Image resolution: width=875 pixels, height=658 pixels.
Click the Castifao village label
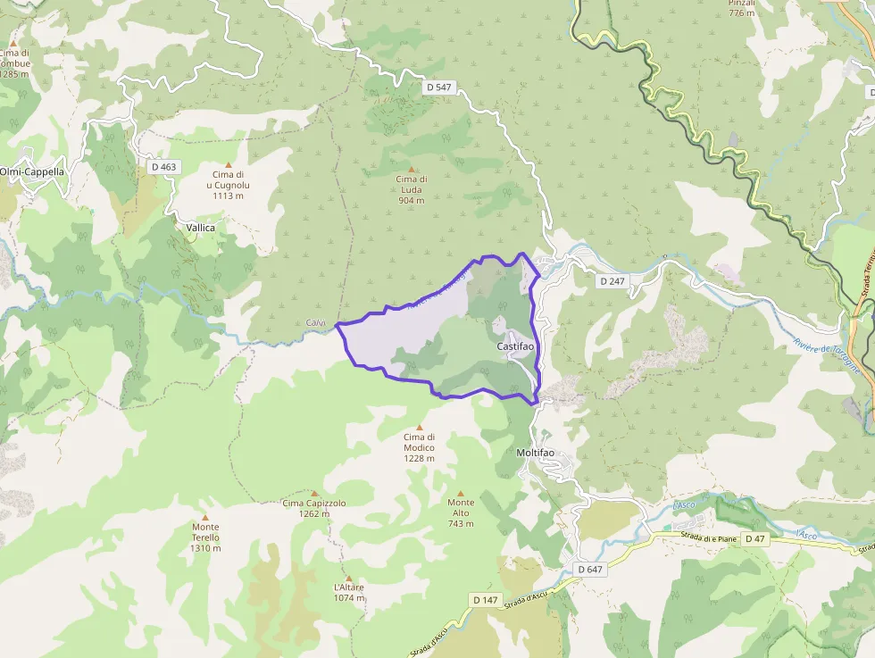[515, 346]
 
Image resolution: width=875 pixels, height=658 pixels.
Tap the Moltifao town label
[535, 453]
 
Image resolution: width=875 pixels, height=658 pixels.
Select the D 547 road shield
[438, 87]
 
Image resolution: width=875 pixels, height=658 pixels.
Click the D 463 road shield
[164, 166]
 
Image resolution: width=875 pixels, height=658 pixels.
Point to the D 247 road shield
[612, 280]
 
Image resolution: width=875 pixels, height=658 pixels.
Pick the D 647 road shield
[590, 569]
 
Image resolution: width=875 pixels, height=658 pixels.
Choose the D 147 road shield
[485, 600]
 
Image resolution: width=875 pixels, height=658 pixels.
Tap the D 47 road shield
[754, 538]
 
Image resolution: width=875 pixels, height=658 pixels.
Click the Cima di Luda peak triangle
[412, 169]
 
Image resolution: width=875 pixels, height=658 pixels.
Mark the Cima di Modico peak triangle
[419, 427]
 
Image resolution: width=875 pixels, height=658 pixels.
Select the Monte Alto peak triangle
[461, 493]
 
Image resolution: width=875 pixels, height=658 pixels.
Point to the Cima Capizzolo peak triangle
[314, 493]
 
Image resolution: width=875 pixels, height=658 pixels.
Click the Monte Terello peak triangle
[204, 517]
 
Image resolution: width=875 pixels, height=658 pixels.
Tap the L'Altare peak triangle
[348, 578]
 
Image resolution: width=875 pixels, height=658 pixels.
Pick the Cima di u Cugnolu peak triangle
[228, 164]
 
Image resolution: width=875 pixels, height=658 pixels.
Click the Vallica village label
[201, 228]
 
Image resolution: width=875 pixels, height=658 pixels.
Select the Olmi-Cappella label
[32, 171]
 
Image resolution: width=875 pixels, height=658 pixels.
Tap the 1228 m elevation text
[419, 458]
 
